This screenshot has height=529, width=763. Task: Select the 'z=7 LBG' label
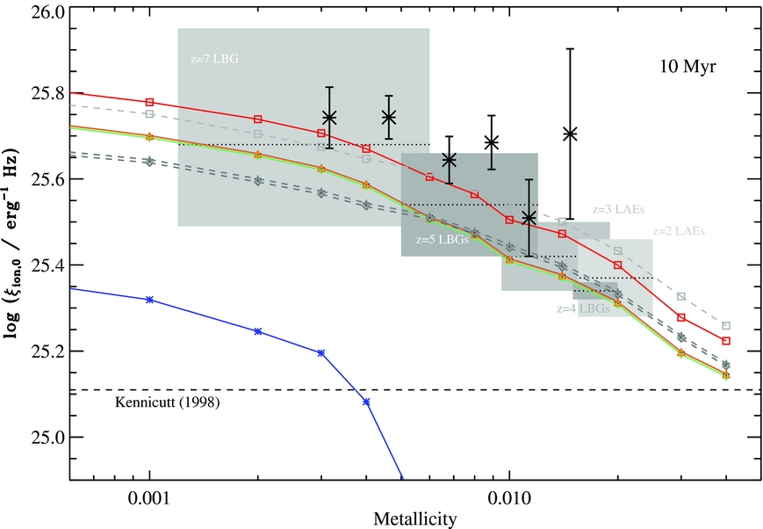(214, 60)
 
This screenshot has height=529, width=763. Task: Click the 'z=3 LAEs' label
(618, 210)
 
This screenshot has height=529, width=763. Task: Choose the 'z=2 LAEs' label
(678, 231)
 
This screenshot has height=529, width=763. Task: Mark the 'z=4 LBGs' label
(584, 309)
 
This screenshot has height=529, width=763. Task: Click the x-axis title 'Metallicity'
(415, 518)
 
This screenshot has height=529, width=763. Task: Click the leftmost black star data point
(329, 118)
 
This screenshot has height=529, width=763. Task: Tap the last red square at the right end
(726, 341)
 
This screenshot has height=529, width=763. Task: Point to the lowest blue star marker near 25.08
(366, 402)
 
